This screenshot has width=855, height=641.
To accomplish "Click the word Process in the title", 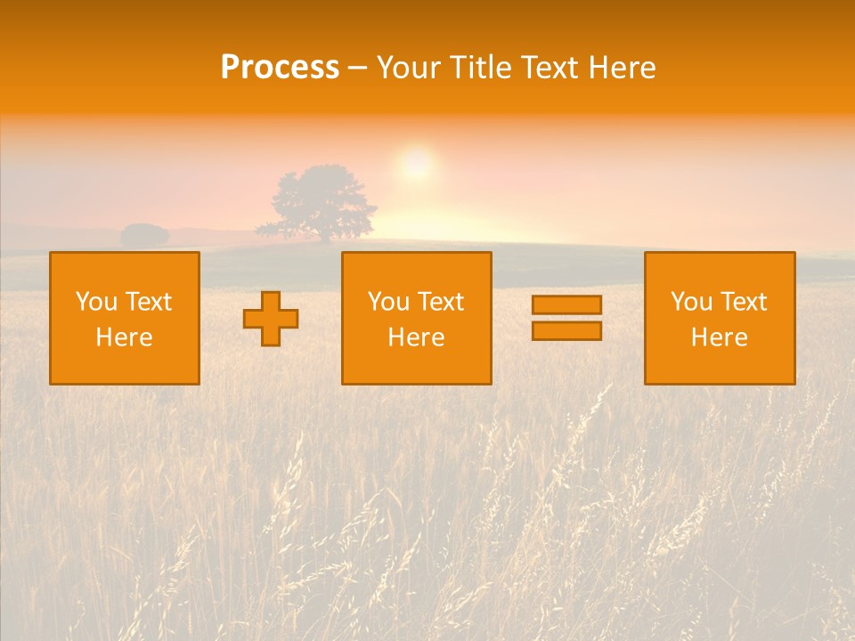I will (280, 68).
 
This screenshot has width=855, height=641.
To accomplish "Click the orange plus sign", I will (271, 319).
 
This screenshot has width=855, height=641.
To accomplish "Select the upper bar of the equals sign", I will (566, 304).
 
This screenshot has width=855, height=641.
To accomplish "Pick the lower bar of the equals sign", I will (566, 331).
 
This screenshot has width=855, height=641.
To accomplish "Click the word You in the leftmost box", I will (96, 302).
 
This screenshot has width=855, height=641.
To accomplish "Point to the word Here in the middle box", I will (416, 337).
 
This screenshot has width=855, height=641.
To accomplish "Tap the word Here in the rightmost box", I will (720, 337).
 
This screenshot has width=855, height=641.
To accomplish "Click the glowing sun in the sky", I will (416, 164).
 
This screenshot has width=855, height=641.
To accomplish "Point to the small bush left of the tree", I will (144, 236).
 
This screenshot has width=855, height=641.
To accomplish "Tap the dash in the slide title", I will (357, 69).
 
